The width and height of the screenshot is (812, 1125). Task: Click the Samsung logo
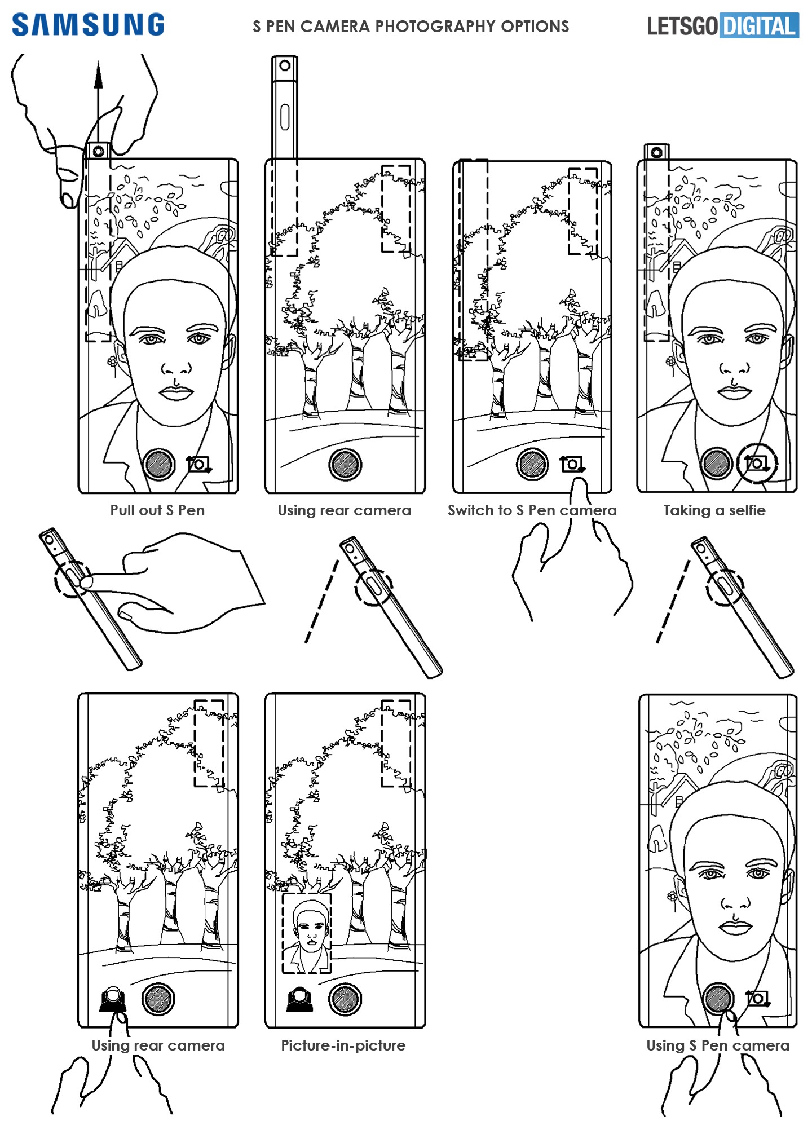88,25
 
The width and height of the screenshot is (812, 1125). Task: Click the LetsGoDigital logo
723,26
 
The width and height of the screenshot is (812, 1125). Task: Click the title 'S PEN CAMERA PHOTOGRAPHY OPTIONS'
411,27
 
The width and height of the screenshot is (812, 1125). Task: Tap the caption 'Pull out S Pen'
157,510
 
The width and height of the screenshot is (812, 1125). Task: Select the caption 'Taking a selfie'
714,510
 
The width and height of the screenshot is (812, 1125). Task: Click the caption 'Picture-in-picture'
343,1045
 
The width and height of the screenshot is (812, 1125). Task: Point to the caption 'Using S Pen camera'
718,1045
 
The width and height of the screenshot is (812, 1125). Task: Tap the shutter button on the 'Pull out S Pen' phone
160,465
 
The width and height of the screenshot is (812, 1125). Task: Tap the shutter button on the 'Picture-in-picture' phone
345,999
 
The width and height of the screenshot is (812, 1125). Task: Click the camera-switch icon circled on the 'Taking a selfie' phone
757,464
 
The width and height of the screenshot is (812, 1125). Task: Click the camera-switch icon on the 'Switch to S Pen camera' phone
572,464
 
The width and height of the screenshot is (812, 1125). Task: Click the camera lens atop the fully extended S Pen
285,65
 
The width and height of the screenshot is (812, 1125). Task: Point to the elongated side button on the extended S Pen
285,116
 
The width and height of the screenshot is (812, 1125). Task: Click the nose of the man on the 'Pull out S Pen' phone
177,368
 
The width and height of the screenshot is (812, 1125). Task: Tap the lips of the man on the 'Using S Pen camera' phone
735,925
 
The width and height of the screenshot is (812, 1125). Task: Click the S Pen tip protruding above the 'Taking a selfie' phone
657,152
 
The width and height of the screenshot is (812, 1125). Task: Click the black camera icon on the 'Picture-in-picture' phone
299,1000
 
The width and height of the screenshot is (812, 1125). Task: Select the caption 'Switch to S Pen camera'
532,510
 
